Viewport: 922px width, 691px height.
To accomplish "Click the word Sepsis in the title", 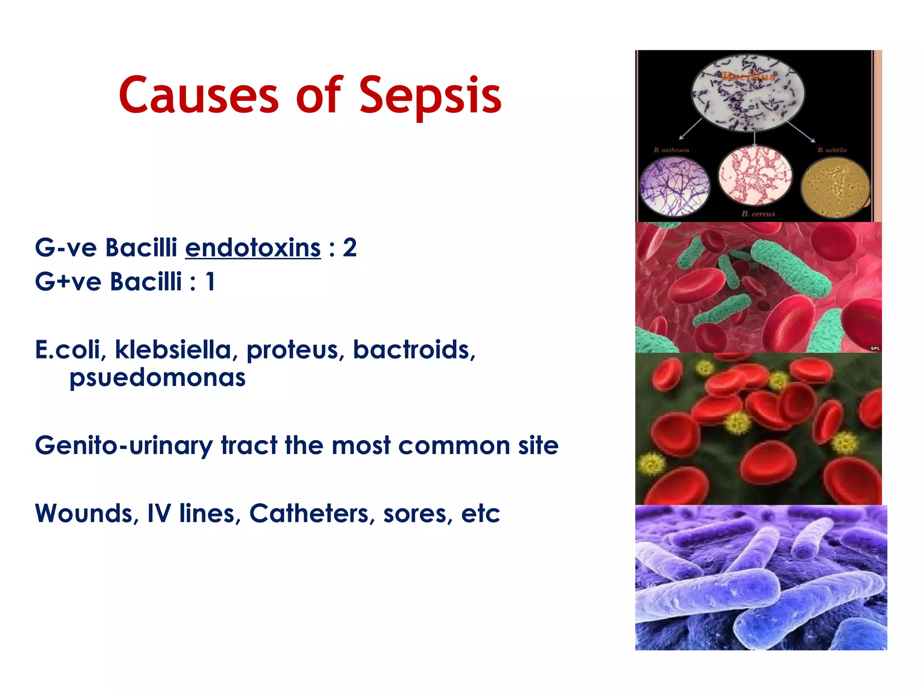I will coord(430,95).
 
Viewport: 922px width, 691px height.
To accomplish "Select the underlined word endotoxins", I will coord(253,248).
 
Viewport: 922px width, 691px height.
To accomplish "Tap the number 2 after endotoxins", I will coord(349,248).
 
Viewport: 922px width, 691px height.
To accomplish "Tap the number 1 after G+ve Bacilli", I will coord(210,282).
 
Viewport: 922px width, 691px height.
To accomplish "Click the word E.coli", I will coord(70,350).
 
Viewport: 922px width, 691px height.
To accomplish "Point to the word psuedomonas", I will coord(157,377).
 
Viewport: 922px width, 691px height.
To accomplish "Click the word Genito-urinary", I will coord(123,446).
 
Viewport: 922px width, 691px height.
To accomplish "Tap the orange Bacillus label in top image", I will coord(748,76).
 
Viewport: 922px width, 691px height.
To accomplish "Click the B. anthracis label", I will coord(671,150).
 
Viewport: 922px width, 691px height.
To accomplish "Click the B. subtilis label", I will coord(832,150).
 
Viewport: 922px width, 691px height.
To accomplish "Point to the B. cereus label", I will coord(758,214).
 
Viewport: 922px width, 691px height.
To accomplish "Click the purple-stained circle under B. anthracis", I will coord(674,185).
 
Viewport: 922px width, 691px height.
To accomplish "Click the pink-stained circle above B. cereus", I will coord(755,175).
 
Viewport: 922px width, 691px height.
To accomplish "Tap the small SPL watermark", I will coord(875,348).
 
